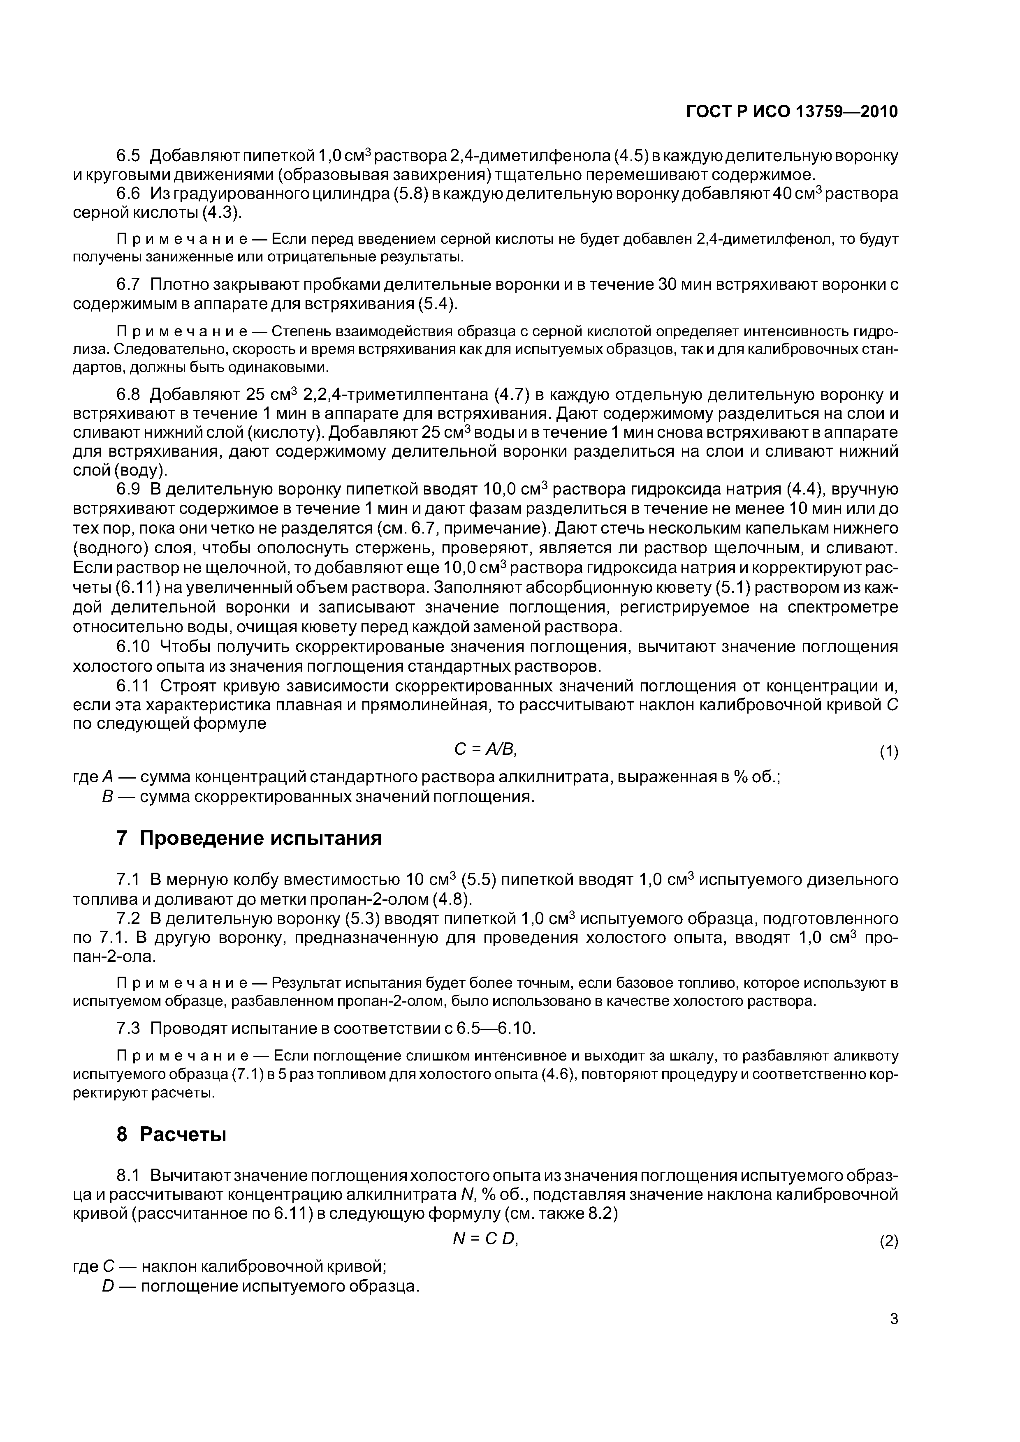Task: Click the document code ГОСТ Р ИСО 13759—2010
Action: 791,112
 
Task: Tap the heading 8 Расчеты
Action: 171,1134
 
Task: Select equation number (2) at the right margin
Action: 888,1242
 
